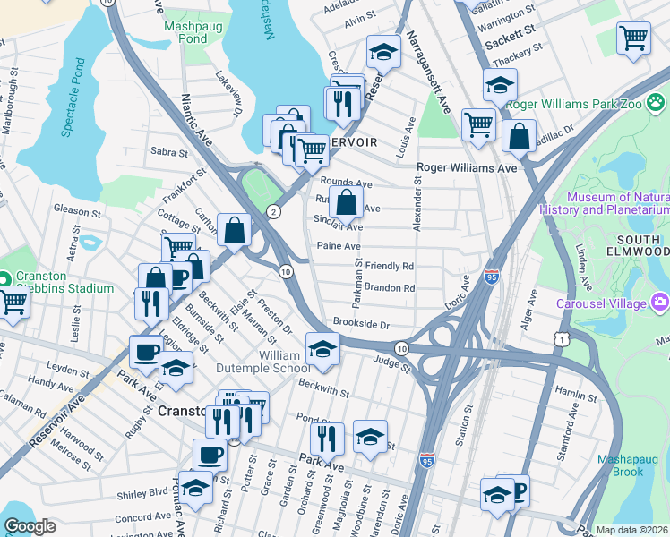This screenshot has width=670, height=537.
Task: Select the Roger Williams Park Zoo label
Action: tap(573, 104)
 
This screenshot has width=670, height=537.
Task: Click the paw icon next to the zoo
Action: tap(657, 104)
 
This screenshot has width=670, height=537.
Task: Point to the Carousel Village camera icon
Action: tap(661, 303)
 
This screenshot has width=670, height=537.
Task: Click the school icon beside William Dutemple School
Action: tap(322, 350)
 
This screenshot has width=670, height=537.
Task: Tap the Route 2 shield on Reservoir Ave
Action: tap(272, 211)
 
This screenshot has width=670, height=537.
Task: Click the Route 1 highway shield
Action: tap(560, 337)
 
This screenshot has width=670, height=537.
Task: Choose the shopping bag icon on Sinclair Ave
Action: tap(346, 202)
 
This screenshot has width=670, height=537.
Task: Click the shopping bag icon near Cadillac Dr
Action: tap(520, 136)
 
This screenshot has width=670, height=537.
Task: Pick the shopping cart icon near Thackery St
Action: tap(633, 38)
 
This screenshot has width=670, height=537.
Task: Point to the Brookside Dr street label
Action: tap(362, 323)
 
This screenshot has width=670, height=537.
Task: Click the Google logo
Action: tap(30, 526)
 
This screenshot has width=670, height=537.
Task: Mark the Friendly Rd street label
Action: tap(389, 267)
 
